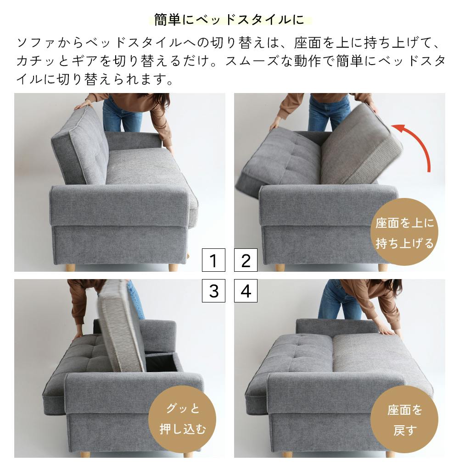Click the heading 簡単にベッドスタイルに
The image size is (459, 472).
point(229,20)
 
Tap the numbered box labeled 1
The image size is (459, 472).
point(213,261)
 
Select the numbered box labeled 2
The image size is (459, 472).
point(246,261)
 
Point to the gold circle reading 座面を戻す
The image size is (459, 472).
point(404,419)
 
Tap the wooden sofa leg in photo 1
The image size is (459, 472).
point(173,267)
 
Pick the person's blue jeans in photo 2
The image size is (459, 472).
point(328,112)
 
